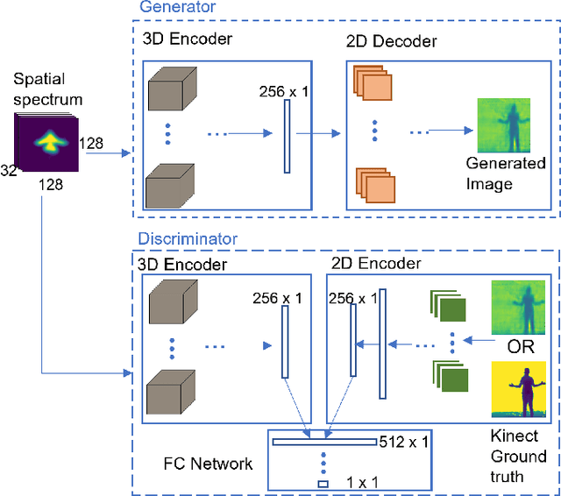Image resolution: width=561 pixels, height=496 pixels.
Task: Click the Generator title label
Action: tap(177, 7)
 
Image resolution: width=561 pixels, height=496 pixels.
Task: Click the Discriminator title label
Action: tap(188, 238)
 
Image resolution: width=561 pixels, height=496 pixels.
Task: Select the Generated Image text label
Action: tap(506, 174)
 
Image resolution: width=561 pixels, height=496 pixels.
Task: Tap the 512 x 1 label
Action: tap(405, 442)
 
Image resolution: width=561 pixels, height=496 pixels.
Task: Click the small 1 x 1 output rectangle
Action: tap(323, 483)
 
